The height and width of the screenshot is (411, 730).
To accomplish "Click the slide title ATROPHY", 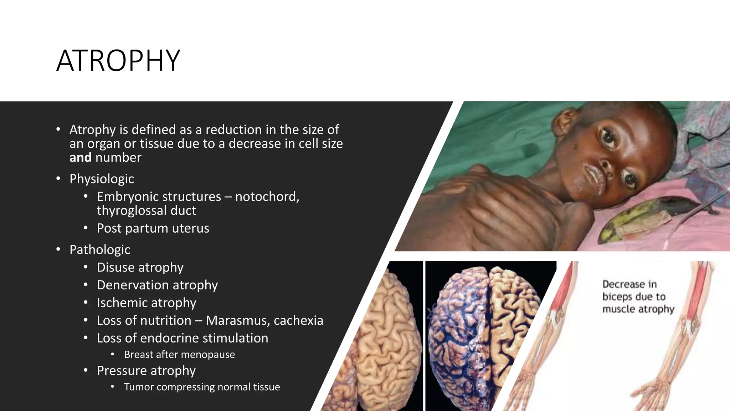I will [118, 61].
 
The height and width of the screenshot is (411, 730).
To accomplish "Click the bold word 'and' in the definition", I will [80, 157].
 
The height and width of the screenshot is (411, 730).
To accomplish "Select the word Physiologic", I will [102, 179].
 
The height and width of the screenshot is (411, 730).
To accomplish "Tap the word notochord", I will [267, 197].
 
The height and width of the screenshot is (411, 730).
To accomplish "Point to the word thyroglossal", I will [132, 210].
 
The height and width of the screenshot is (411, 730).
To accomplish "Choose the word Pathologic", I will [100, 250].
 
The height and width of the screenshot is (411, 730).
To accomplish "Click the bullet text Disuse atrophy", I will [140, 268].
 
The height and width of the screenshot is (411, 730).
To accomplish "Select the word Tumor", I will [139, 387].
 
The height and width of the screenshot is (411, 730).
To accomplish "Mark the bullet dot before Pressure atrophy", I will [86, 370].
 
